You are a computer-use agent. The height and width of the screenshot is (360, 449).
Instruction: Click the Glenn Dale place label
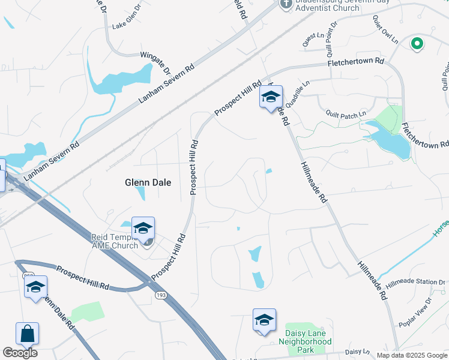(148, 182)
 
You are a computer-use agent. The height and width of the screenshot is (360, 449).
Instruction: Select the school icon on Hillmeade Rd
(271, 96)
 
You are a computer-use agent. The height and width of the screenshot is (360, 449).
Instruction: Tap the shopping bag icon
(27, 334)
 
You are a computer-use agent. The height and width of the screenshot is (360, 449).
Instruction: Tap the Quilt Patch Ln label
(346, 114)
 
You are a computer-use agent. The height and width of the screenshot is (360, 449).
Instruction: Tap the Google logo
(20, 353)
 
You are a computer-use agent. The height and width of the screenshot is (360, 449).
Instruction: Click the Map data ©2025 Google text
(412, 355)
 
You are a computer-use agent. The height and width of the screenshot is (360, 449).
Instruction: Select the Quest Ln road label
(309, 40)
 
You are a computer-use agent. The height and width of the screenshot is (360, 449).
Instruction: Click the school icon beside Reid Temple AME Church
(143, 228)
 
